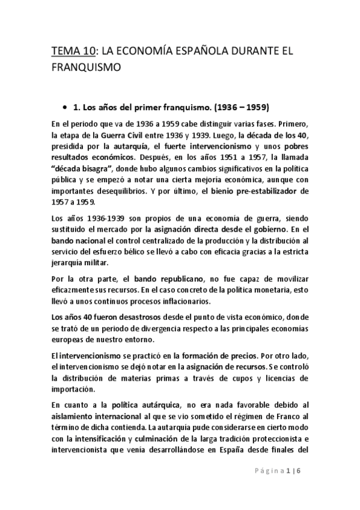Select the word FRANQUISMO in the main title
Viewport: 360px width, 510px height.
pyautogui.click(x=88, y=68)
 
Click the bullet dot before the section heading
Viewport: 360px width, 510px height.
pyautogui.click(x=64, y=106)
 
